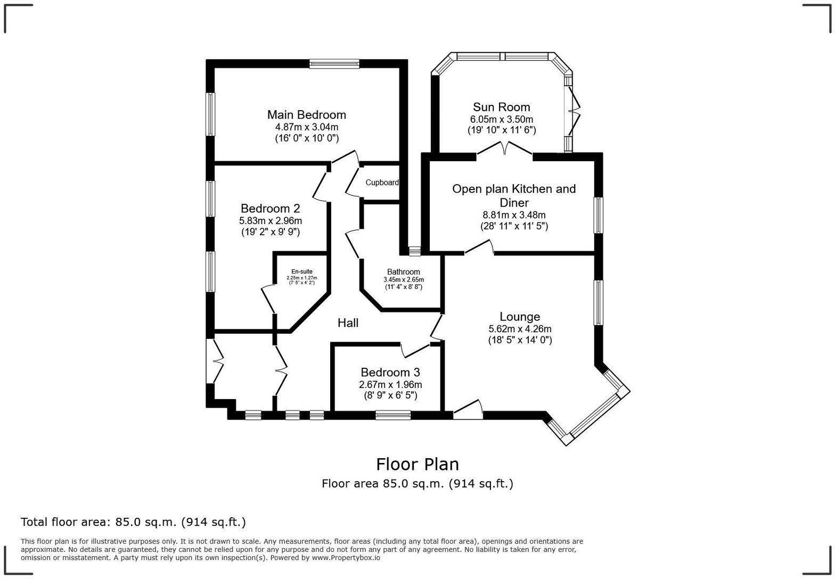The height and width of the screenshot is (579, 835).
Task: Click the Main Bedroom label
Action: pyautogui.click(x=306, y=114)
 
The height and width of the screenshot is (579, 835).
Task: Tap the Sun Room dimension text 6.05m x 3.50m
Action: pyautogui.click(x=501, y=119)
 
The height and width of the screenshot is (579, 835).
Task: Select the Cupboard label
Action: pyautogui.click(x=381, y=183)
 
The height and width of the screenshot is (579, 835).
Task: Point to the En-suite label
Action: pyautogui.click(x=301, y=271)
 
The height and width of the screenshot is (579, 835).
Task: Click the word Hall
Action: pyautogui.click(x=348, y=322)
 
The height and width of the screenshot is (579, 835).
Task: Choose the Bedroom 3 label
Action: pyautogui.click(x=390, y=372)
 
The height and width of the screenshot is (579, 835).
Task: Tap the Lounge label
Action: pyautogui.click(x=519, y=317)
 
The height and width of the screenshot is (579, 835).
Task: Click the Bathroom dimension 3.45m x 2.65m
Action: pyautogui.click(x=403, y=279)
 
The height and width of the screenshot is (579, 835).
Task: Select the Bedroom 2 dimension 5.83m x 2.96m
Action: pyautogui.click(x=271, y=220)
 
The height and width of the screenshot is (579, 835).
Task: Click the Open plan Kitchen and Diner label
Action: pyautogui.click(x=514, y=195)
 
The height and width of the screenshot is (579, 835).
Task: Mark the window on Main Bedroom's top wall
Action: pyautogui.click(x=334, y=64)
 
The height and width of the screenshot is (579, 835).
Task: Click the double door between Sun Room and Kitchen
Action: pyautogui.click(x=505, y=149)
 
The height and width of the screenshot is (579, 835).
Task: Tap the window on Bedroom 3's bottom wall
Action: pyautogui.click(x=393, y=415)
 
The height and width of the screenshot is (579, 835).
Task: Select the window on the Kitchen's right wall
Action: pyautogui.click(x=599, y=215)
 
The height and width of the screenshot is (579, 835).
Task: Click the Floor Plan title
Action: pyautogui.click(x=417, y=464)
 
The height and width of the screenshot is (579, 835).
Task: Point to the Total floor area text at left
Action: pyautogui.click(x=133, y=522)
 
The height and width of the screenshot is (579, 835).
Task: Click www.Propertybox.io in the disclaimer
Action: pyautogui.click(x=346, y=558)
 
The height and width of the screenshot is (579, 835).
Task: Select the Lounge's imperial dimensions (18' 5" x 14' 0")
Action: pyautogui.click(x=520, y=340)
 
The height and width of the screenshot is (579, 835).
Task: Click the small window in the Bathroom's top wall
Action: pyautogui.click(x=414, y=251)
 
